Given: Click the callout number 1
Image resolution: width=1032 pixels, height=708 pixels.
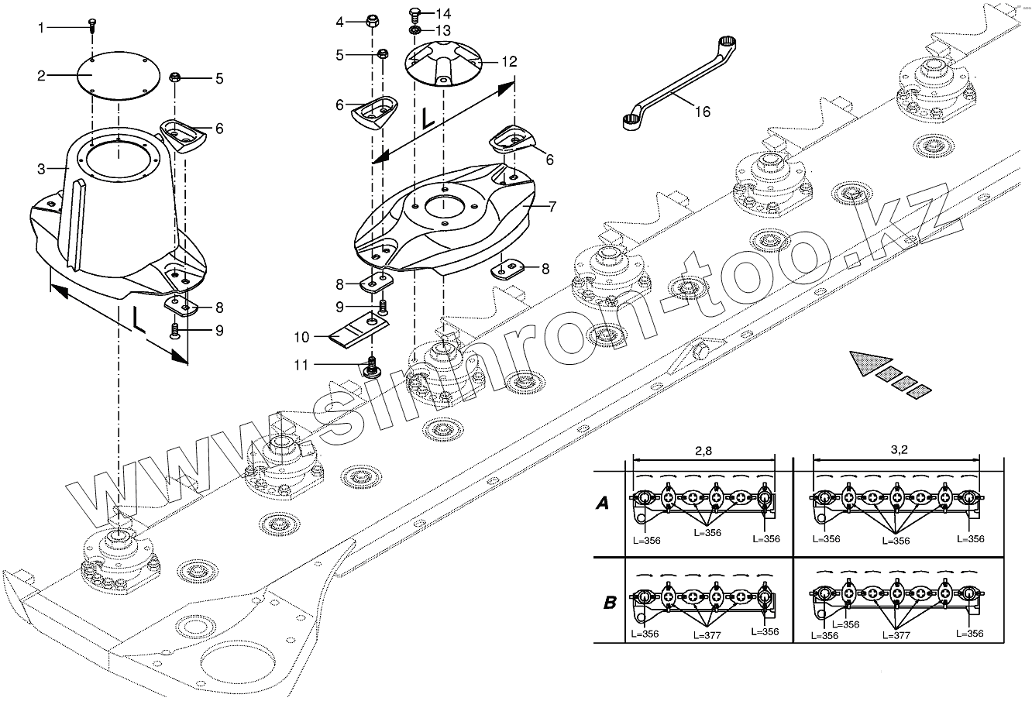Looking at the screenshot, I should coord(42,28).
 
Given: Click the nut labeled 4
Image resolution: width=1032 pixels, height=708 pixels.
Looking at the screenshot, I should coord(370,21).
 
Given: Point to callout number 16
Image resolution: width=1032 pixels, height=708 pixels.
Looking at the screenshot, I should coord(701,112).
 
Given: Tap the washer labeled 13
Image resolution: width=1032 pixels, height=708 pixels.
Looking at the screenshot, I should coord(415,30).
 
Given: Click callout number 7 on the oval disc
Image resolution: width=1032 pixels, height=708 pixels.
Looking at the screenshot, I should coord(552,208).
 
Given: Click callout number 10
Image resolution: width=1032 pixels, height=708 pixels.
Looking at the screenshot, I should coord(301,337).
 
